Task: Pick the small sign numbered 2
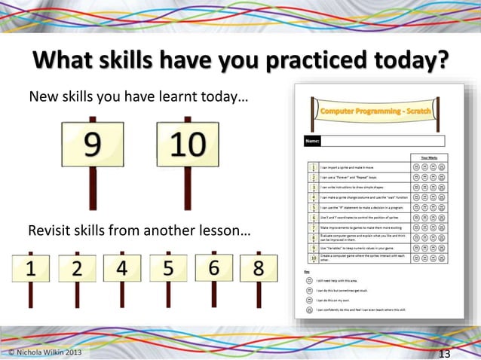point(77,269)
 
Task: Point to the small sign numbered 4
point(122,267)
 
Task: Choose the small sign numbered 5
point(168,267)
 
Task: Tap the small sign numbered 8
point(258,269)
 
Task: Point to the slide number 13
point(444,354)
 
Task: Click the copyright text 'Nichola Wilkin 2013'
point(44,352)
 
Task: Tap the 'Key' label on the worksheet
point(308,270)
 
